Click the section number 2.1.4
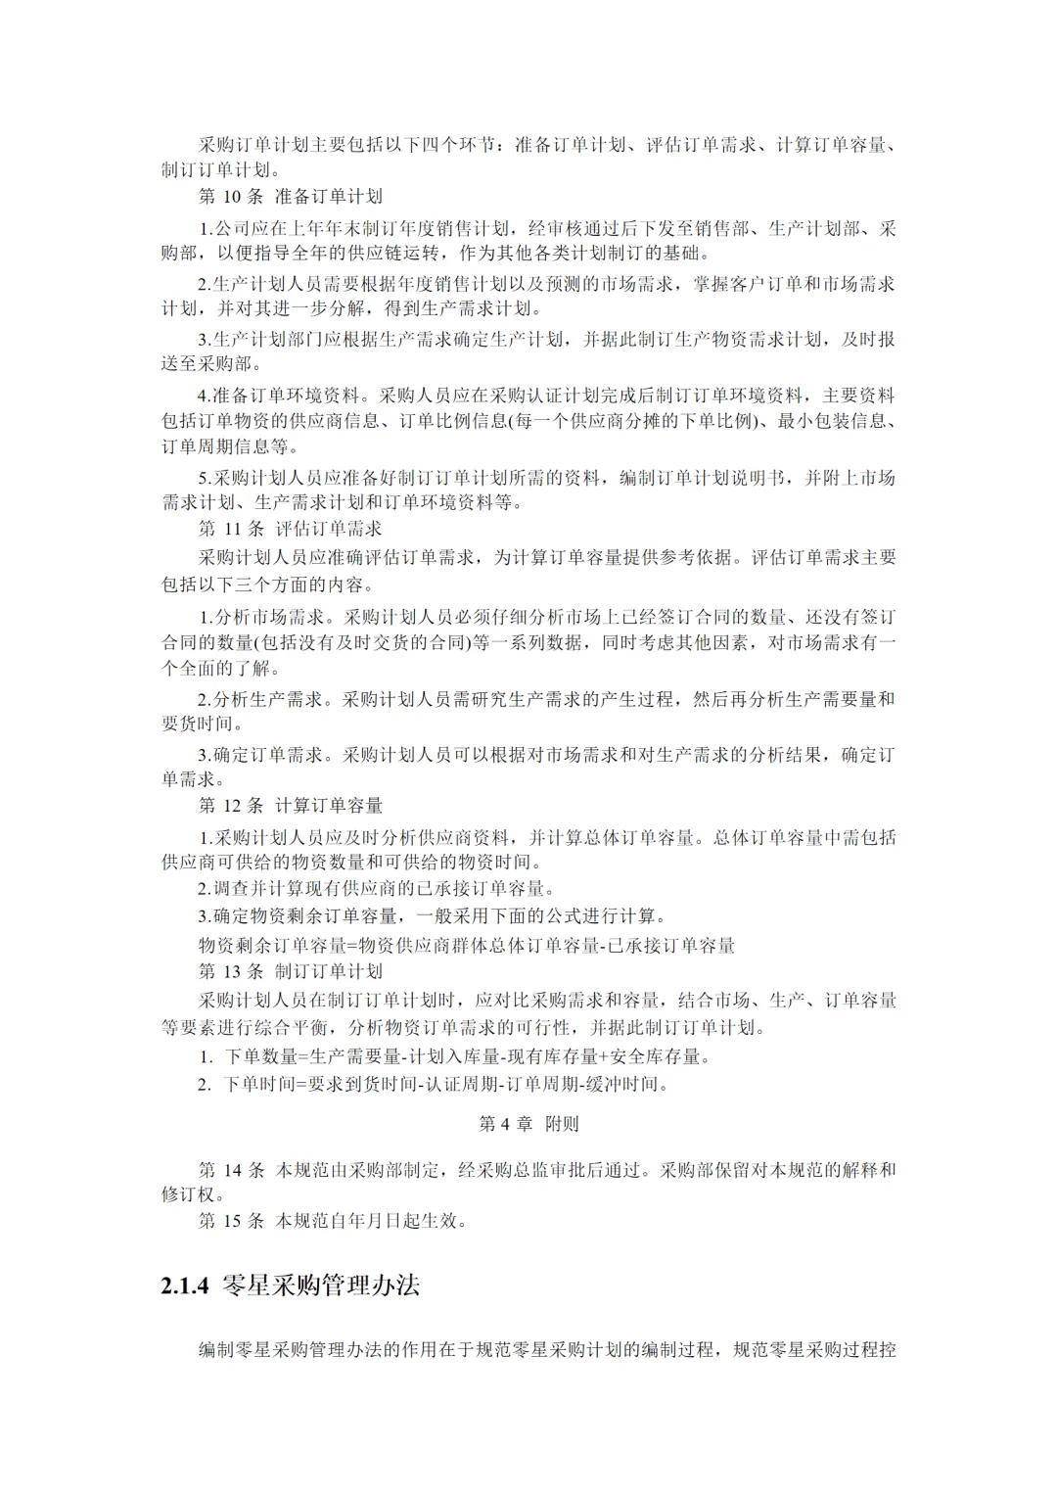click(185, 1286)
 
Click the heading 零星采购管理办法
click(321, 1285)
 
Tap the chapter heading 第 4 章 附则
click(528, 1124)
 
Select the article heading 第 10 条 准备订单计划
click(290, 197)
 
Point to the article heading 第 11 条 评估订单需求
click(290, 529)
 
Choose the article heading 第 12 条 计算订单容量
click(290, 806)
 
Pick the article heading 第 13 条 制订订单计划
click(290, 972)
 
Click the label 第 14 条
click(231, 1170)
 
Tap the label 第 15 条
click(231, 1221)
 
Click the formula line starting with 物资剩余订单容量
click(466, 946)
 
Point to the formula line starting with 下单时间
click(446, 1084)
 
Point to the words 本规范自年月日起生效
click(372, 1221)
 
